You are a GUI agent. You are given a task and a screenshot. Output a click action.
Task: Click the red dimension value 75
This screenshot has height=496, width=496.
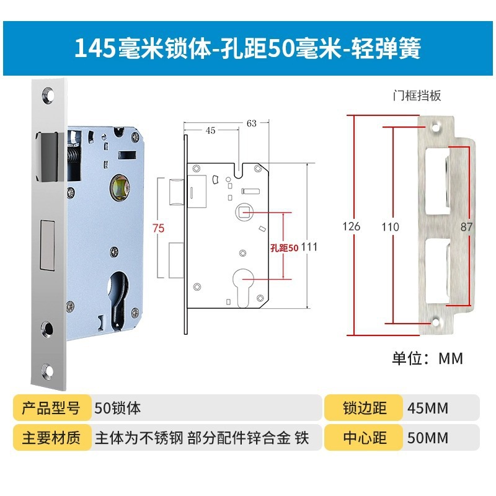[159, 228]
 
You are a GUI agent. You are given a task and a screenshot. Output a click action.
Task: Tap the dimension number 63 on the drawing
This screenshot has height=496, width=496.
[251, 123]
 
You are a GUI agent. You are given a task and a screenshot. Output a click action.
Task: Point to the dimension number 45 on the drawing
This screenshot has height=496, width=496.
[210, 130]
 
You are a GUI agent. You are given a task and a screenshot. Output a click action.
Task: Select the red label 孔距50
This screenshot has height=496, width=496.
[285, 247]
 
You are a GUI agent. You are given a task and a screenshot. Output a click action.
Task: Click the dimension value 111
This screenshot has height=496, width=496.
[309, 247]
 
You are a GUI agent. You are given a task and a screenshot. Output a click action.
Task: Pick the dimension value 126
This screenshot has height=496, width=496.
[351, 226]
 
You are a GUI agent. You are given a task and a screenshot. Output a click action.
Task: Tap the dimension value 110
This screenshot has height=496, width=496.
[390, 226]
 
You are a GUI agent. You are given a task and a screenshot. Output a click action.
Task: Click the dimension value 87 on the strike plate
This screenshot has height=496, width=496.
[466, 227]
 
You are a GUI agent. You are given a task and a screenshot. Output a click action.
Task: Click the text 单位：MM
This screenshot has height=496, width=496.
[427, 358]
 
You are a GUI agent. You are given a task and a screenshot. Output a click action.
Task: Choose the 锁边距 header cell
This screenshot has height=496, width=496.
[365, 408]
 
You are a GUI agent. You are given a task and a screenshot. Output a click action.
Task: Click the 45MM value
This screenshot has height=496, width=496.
[427, 409]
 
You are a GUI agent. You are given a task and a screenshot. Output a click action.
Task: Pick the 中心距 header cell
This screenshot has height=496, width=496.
[365, 438]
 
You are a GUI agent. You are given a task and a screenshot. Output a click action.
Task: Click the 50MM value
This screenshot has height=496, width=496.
[427, 438]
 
